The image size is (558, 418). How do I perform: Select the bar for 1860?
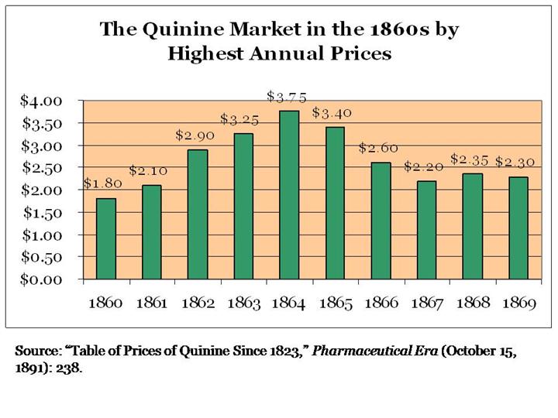click(x=106, y=238)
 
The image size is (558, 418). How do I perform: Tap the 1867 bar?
click(x=426, y=230)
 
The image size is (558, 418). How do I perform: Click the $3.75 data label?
click(x=287, y=97)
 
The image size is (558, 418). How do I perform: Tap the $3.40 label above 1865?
click(x=332, y=113)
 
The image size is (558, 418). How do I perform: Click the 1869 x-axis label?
click(x=518, y=303)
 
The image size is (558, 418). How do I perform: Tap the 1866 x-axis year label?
click(x=381, y=303)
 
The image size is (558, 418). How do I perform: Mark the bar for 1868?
click(x=472, y=226)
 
